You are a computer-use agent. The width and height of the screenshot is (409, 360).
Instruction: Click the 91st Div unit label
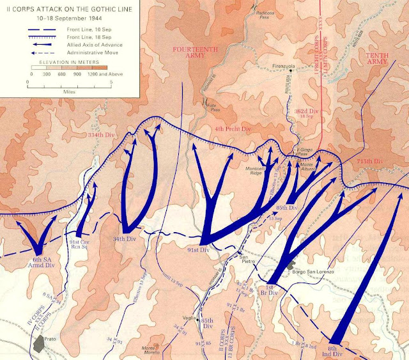coord(199,250)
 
